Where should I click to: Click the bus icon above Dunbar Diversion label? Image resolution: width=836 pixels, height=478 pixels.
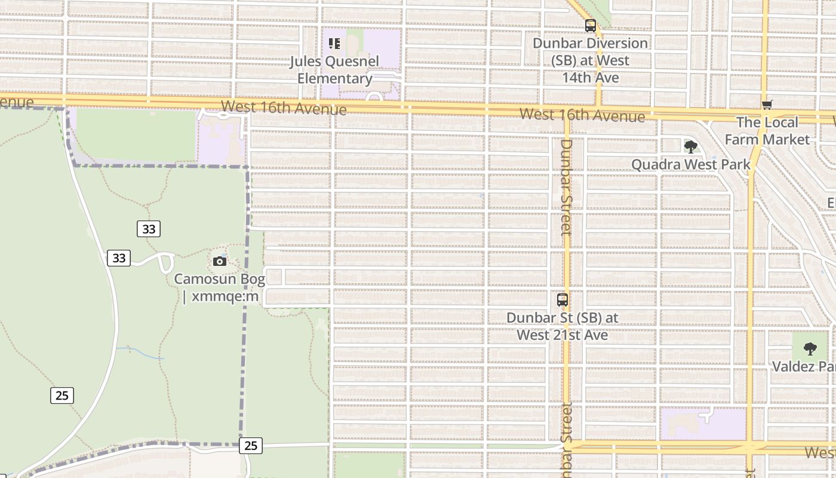click(591, 26)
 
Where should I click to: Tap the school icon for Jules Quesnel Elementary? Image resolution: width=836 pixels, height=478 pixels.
click(334, 44)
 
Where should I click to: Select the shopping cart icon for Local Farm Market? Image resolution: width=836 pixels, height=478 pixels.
click(767, 105)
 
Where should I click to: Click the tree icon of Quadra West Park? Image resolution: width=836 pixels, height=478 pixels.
click(691, 146)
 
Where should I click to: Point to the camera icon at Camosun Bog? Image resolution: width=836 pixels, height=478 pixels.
click(220, 261)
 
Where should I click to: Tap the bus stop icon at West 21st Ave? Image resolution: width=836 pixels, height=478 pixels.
click(563, 300)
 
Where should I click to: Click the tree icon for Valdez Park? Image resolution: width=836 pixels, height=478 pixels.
click(810, 348)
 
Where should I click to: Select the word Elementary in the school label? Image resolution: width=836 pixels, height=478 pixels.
click(335, 78)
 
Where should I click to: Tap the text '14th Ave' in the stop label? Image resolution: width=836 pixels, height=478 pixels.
click(590, 78)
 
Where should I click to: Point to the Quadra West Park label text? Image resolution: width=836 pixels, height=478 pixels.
click(691, 164)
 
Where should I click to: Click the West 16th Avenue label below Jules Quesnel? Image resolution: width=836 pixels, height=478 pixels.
click(284, 108)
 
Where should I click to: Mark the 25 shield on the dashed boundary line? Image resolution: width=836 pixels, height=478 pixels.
click(251, 445)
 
